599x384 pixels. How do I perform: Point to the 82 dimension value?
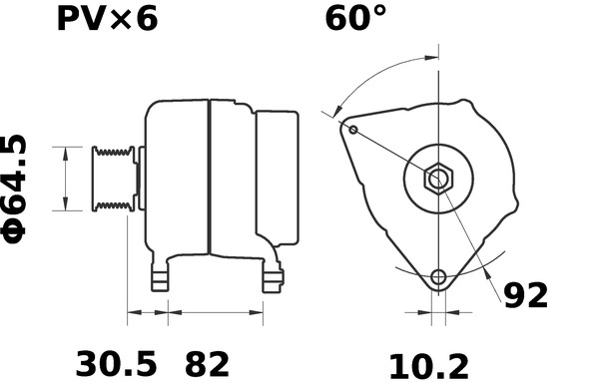206,362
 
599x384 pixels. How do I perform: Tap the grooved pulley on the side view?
112,179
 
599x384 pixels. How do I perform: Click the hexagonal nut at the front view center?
438,180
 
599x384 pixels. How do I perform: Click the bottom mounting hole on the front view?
437,277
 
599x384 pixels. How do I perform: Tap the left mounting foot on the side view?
159,278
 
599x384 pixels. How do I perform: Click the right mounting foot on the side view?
273,278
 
